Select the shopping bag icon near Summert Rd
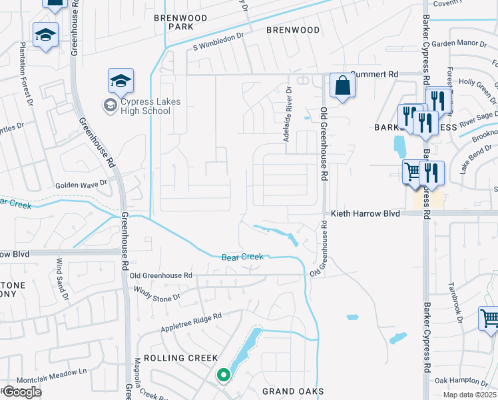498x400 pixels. [x=342, y=87]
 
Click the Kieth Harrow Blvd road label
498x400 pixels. [x=366, y=213]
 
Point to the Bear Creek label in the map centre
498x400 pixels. [x=242, y=257]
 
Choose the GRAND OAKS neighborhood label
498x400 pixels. [x=292, y=391]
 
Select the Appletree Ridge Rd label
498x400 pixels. [x=190, y=321]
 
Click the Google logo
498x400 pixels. [x=22, y=392]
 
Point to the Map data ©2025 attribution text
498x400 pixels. [x=469, y=395]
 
